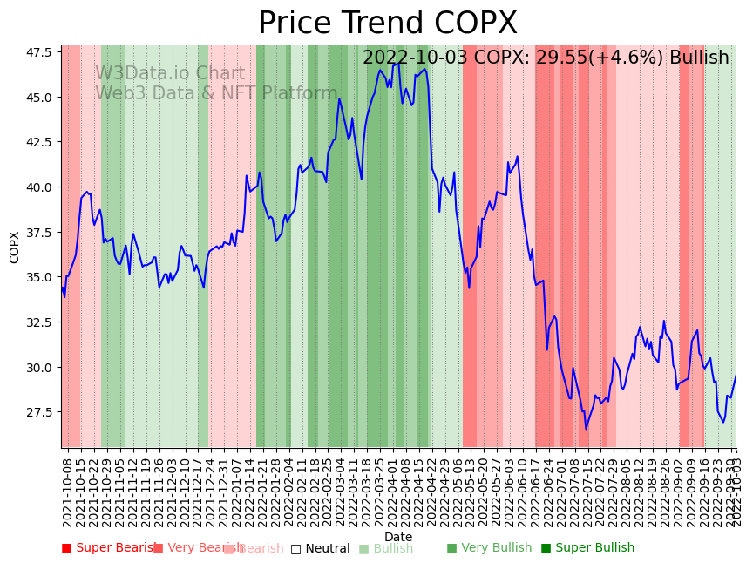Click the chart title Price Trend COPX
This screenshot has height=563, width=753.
pos(388,24)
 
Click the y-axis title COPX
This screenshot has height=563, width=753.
pos(15,247)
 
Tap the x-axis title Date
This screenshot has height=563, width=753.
pos(398,537)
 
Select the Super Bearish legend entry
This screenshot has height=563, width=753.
pos(109,548)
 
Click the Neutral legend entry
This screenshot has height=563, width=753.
pos(320,548)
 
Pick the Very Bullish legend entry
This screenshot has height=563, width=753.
pos(489,548)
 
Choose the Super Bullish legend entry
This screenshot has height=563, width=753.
pos(587,548)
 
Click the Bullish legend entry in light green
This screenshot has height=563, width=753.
pos(386,548)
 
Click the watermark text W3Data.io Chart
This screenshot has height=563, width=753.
pos(170,74)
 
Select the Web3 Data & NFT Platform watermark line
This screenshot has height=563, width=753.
pos(216,93)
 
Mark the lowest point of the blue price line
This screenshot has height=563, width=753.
pos(586,428)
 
